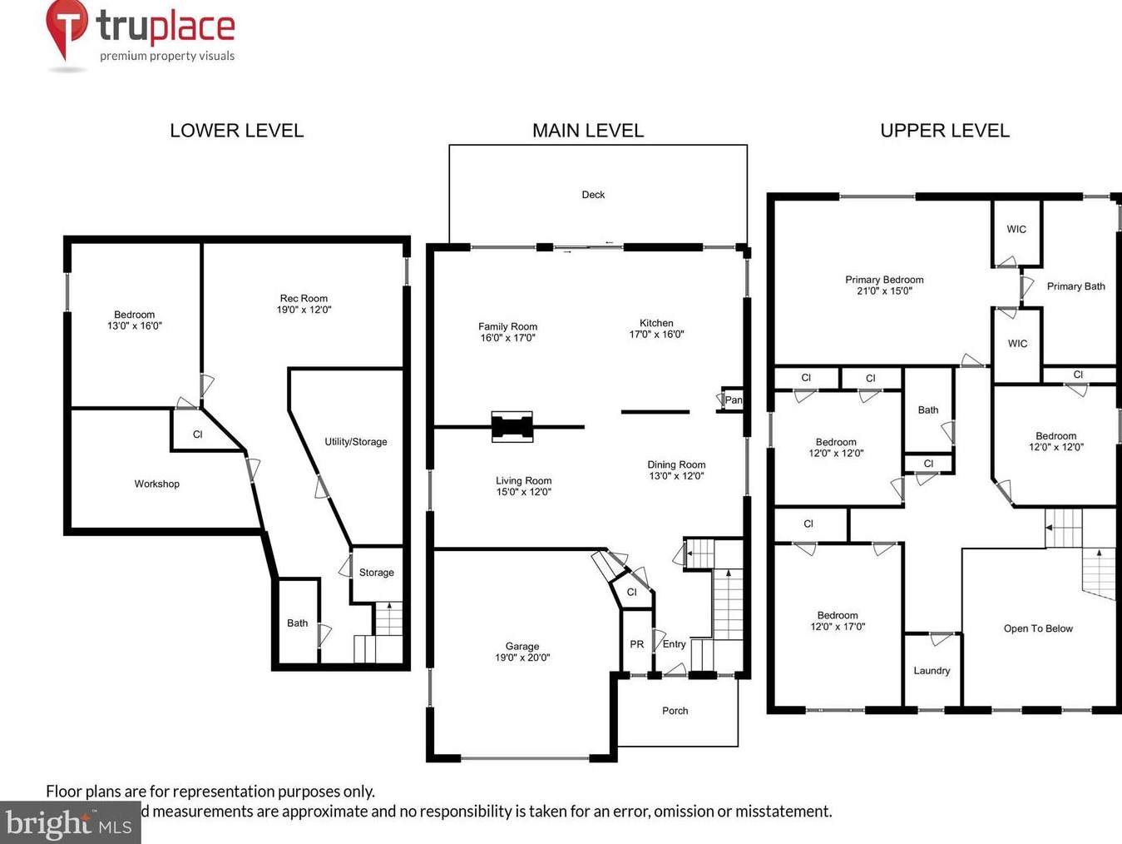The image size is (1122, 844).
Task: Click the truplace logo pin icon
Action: pos(67,27)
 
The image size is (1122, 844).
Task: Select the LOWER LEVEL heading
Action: pos(236,131)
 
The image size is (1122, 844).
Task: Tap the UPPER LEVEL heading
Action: pos(944,131)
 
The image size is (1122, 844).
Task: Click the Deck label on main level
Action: pos(593,195)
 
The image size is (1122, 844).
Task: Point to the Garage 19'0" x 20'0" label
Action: pos(522,652)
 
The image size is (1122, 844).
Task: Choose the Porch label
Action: pos(675,711)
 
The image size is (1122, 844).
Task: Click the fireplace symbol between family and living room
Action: pos(512,426)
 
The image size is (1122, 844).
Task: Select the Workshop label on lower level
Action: pos(156,484)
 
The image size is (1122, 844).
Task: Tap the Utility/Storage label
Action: pos(355,442)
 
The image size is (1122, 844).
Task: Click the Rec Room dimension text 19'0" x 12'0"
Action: pos(304,310)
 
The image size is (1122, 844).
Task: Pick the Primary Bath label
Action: pos(1075,286)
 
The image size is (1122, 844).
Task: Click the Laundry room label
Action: pos(932,671)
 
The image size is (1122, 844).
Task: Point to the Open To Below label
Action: pos(1038,628)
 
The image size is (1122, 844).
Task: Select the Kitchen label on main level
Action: pos(656,323)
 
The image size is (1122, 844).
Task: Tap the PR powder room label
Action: pos(636,644)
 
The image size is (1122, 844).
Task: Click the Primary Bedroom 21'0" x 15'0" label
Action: pos(884,285)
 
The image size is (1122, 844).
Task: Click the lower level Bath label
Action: pos(297,623)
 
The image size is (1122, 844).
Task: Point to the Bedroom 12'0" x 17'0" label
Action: pos(838,621)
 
